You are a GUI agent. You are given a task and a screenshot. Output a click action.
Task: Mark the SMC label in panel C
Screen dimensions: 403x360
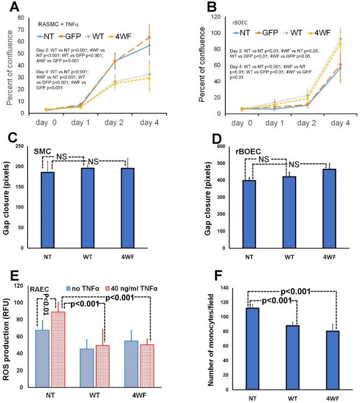pyautogui.click(x=43, y=149)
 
